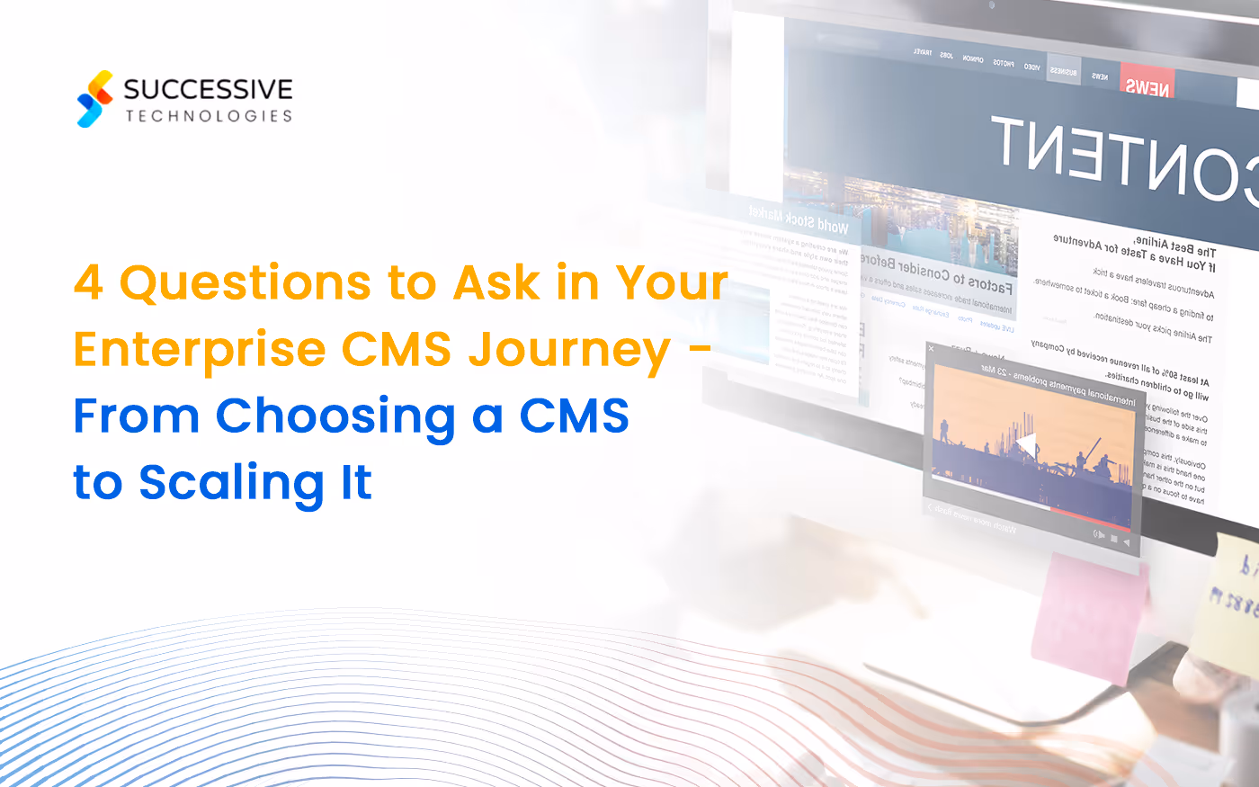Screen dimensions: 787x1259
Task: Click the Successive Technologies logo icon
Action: [95, 99]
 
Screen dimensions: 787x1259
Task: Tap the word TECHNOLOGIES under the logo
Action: [209, 116]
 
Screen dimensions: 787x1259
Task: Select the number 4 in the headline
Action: [88, 282]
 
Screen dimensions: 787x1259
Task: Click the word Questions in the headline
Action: [245, 284]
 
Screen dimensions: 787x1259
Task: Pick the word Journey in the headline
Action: [568, 351]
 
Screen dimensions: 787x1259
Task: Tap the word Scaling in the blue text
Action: [230, 484]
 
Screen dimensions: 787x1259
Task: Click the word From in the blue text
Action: [136, 416]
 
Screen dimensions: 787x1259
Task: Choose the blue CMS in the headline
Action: [574, 416]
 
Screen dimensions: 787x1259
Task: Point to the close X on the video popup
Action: [932, 348]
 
